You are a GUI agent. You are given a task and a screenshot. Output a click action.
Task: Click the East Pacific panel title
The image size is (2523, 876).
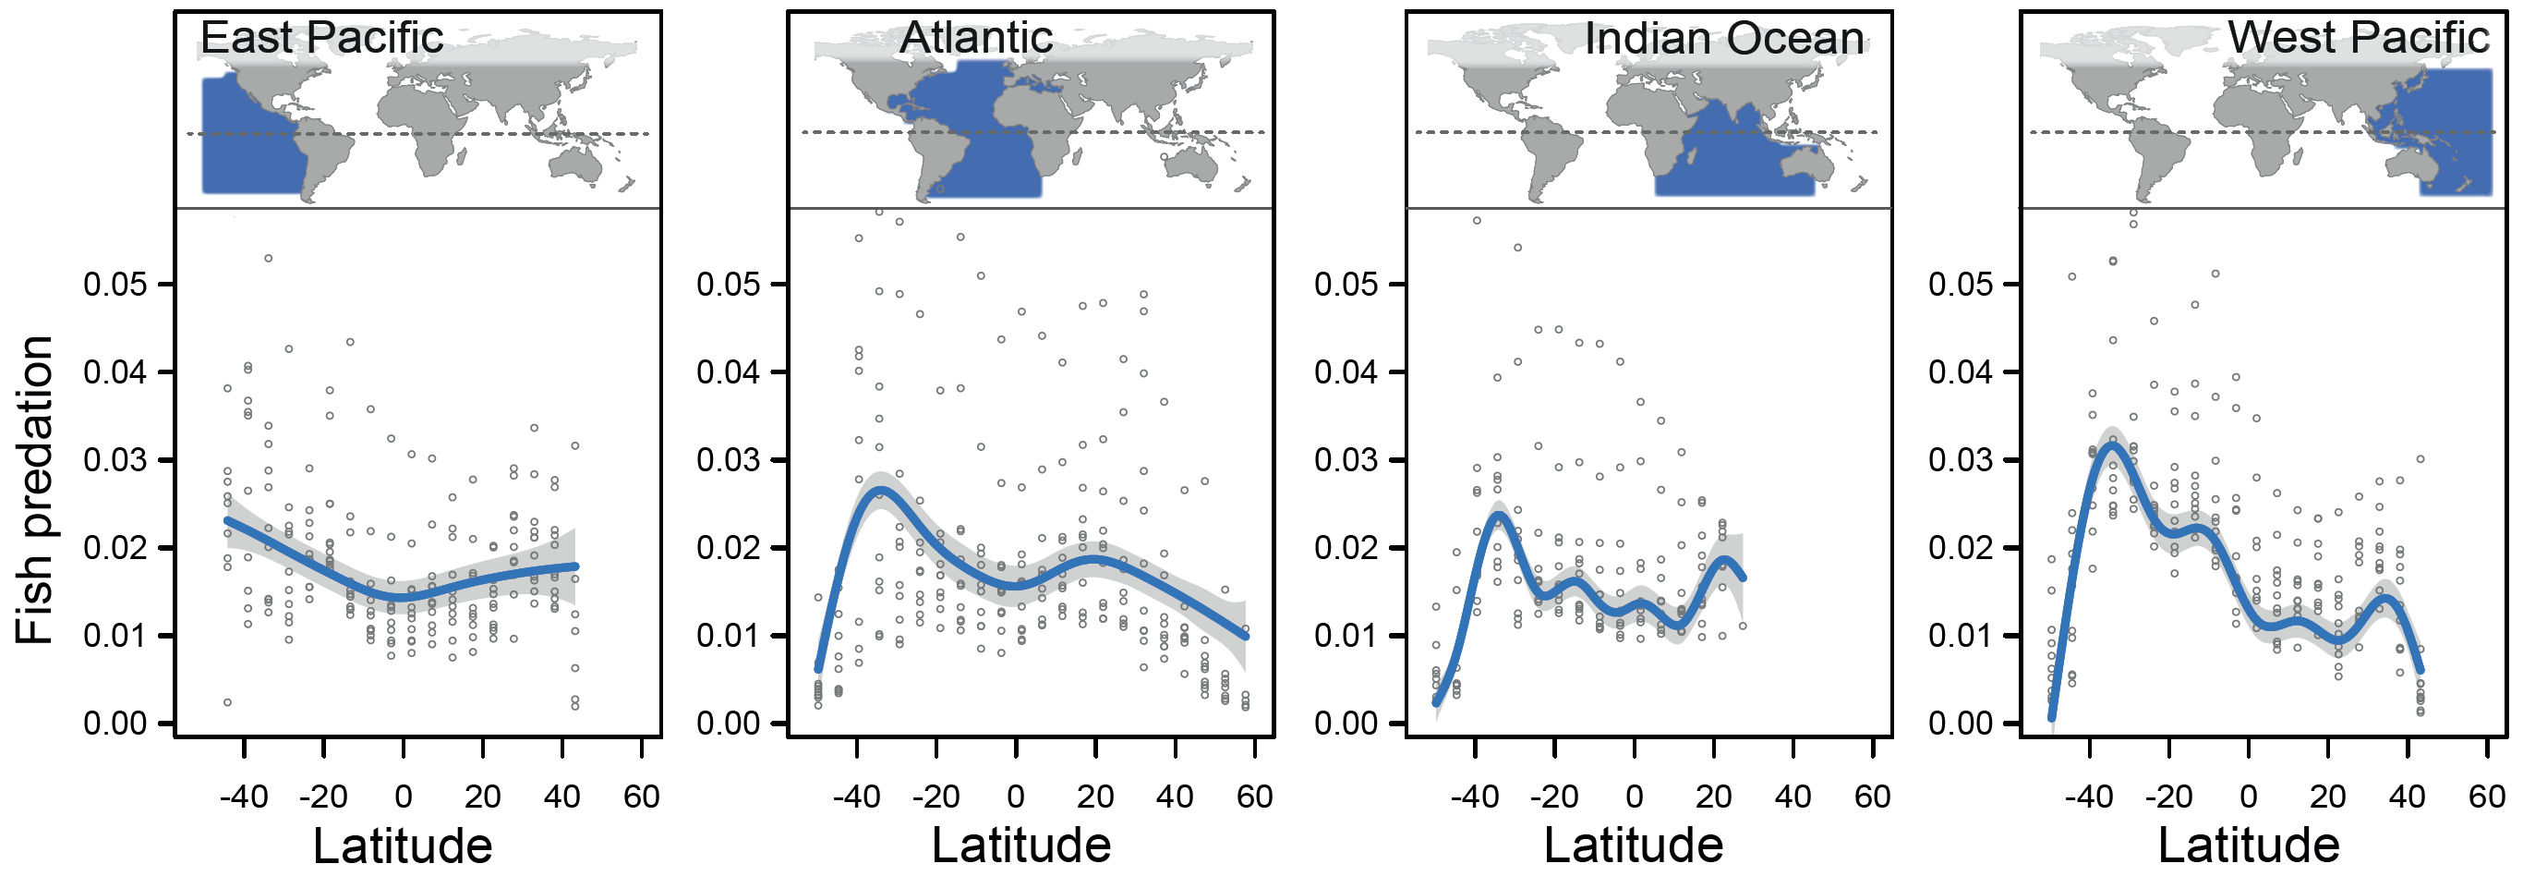click(x=321, y=37)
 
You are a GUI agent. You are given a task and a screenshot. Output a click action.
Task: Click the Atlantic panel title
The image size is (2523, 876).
click(x=975, y=37)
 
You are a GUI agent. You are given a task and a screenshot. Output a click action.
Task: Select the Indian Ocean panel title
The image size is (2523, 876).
click(x=1724, y=38)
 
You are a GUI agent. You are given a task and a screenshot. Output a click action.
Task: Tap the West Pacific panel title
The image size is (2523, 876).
click(x=2358, y=37)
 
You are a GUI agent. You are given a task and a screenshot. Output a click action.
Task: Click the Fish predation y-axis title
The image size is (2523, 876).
click(x=35, y=490)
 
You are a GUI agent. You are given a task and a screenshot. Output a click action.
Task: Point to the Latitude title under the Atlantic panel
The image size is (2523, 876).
click(x=1020, y=845)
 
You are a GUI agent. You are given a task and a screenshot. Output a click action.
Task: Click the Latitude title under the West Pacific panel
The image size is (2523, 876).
click(x=2249, y=845)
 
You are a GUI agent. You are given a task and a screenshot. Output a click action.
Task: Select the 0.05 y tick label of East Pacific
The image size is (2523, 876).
click(x=115, y=285)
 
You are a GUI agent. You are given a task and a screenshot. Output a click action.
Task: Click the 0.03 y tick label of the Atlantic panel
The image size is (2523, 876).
click(x=728, y=459)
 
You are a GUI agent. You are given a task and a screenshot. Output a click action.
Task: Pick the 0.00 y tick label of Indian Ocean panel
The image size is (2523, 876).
click(x=1346, y=724)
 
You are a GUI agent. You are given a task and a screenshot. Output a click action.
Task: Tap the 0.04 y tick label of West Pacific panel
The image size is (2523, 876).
click(x=1960, y=372)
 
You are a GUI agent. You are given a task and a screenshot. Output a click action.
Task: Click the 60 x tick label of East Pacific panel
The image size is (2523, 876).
click(x=642, y=796)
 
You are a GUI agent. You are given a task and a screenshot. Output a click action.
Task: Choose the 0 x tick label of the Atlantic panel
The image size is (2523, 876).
click(x=1016, y=796)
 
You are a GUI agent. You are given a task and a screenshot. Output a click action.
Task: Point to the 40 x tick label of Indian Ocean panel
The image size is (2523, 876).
click(x=1793, y=796)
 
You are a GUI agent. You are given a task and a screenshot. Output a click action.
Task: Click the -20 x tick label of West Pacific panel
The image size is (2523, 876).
click(x=2168, y=796)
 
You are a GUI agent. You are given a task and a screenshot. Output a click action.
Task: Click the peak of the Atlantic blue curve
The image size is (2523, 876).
click(x=879, y=489)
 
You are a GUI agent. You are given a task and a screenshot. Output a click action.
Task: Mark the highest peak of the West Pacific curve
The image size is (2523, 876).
click(x=2113, y=444)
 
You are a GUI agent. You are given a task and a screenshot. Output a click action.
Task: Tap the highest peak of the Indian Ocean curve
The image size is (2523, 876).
click(x=1498, y=515)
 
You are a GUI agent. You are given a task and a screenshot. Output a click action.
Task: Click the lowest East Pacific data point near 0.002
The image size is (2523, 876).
click(x=227, y=701)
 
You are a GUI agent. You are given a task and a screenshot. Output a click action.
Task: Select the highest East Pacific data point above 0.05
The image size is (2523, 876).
click(x=268, y=258)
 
